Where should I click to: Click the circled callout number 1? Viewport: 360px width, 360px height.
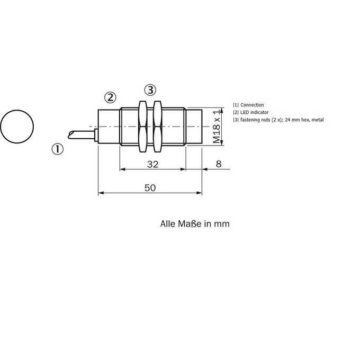coord(57,149)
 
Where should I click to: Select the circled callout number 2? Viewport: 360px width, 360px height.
coord(110,97)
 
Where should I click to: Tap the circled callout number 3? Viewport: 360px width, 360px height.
coord(150,90)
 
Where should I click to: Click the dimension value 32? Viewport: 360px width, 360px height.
coord(152,164)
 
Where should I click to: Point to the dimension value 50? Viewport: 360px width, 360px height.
coord(150,188)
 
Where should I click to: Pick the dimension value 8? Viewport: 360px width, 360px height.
coord(219,164)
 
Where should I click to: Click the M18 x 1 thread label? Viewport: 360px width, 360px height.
coord(217,127)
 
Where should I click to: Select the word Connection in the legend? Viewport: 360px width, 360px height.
coord(252,105)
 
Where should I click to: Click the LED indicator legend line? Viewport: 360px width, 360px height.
coord(251,112)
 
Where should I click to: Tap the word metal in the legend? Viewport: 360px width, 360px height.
coord(318,120)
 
